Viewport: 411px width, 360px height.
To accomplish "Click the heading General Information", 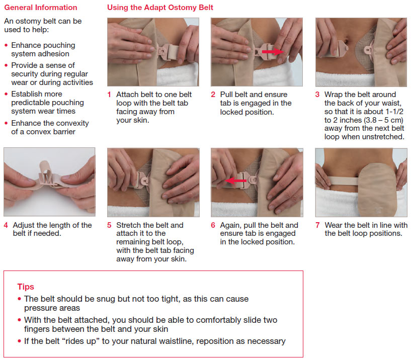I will point(41,8).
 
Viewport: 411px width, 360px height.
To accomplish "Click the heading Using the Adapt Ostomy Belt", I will point(160,8).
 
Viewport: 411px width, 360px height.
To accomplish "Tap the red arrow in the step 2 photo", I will point(272,51).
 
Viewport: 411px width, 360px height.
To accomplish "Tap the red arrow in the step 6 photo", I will point(236,180).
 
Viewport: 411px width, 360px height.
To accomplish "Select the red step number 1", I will point(109,95).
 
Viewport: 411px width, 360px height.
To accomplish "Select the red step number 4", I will point(6,225).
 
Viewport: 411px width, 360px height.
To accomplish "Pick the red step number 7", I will point(317,225).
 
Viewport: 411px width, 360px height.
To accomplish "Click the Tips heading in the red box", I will point(26,287).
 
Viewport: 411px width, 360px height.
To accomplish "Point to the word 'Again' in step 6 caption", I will point(231,225).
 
